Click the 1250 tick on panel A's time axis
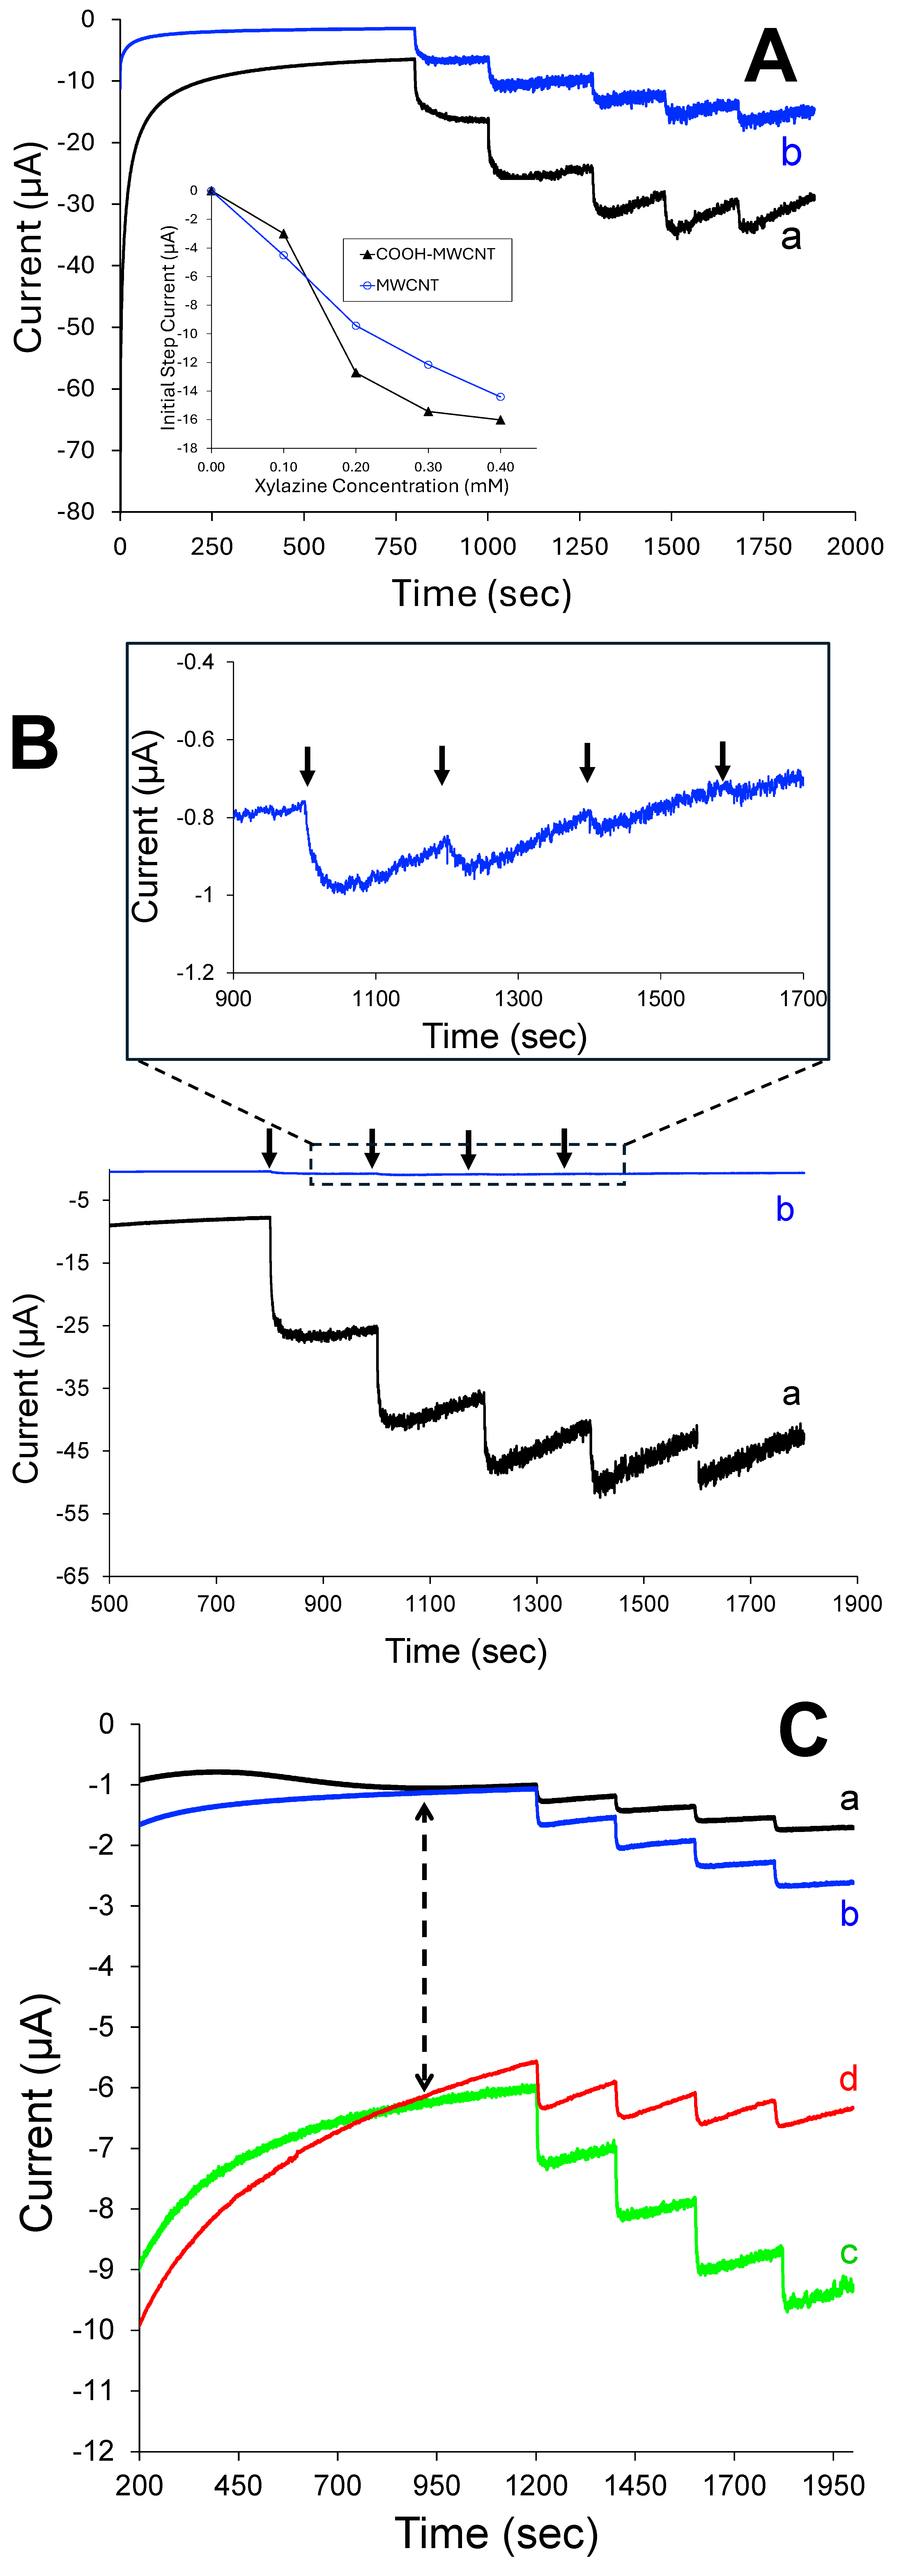tap(580, 546)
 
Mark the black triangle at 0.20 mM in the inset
tap(356, 374)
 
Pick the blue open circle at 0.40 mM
tap(500, 397)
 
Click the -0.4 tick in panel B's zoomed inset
tap(195, 662)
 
